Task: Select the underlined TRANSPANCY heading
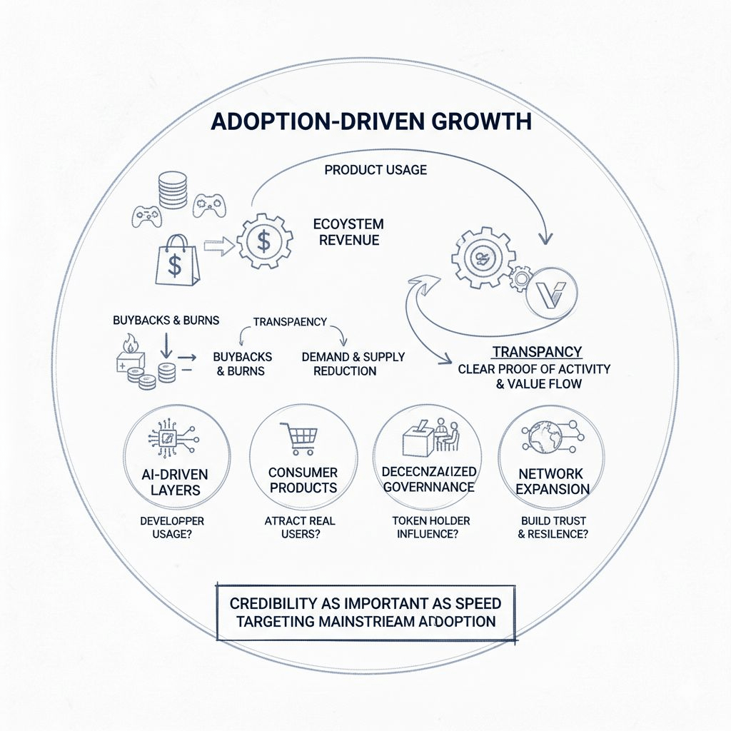coord(538,352)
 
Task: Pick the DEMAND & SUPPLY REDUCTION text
coord(353,363)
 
